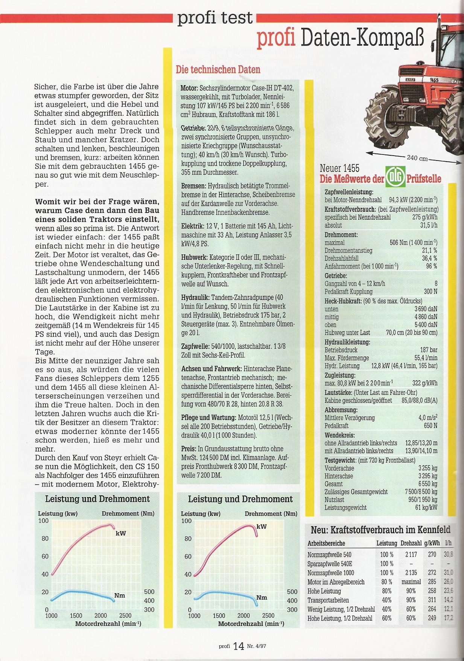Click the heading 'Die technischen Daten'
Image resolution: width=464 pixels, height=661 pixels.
pos(218,70)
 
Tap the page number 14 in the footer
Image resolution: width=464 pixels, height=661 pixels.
pos(239,646)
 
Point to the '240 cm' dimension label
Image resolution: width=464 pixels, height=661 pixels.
pos(417,158)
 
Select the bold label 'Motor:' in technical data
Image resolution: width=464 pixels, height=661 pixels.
pos(189,88)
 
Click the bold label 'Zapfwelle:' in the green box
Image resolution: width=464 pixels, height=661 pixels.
pos(193,346)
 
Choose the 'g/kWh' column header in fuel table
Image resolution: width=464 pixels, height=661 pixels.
pos(432,543)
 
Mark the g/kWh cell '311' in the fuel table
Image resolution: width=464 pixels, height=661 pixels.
pos(432,600)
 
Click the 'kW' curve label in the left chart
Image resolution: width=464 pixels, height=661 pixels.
pos(121,534)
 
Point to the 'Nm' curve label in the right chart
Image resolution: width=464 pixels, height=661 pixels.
pos(262,598)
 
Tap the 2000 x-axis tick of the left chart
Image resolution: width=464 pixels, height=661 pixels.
pos(101,616)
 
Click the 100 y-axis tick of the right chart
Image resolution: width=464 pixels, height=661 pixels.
pos(187,521)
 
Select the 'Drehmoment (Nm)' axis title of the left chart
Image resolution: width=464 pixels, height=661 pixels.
pos(128,514)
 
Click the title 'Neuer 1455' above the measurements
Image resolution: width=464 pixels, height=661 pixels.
pos(339,168)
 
